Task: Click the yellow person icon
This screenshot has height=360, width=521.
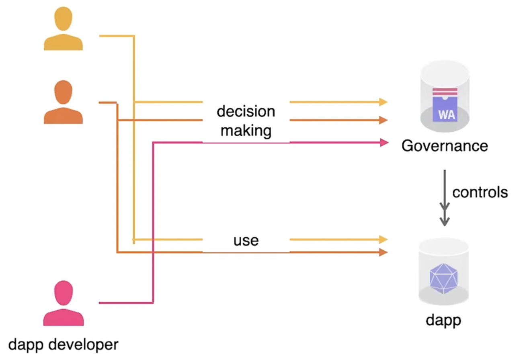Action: coord(63,30)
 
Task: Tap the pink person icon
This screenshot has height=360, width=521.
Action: coord(64,303)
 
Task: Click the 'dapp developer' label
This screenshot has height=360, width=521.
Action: coord(64,344)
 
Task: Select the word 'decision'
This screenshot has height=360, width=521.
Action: coord(246,111)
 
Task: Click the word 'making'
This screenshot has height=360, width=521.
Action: coord(246,131)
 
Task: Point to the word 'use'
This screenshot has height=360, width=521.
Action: coord(246,240)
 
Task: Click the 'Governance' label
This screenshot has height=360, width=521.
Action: coord(445,145)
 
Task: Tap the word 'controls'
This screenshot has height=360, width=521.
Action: coord(480,192)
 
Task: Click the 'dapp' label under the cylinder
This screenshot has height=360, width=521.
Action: coord(444,320)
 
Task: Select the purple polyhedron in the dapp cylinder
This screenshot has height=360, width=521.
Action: coord(444,277)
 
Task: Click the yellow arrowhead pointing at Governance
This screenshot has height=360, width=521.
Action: coord(382,102)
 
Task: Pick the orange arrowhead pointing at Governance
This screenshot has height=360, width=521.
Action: coord(382,120)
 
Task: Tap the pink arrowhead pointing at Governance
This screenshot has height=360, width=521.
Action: coord(383,142)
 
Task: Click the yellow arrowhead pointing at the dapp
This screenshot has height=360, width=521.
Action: coord(382,240)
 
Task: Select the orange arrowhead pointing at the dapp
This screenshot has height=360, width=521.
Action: coord(382,252)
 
